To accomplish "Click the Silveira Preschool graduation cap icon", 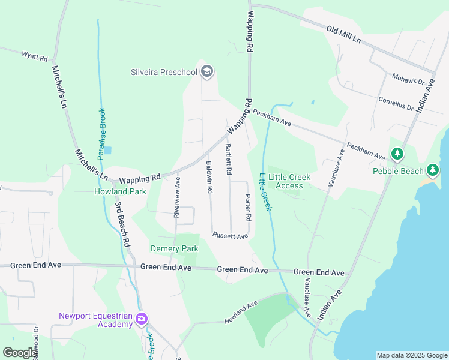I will click(207, 73).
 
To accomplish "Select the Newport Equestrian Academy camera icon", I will click(142, 319).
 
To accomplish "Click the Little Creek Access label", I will click(289, 181).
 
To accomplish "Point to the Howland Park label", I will click(120, 192).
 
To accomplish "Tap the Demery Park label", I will click(174, 248).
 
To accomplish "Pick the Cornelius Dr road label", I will click(395, 103).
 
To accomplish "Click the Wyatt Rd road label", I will click(34, 56).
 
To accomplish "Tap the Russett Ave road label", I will click(230, 236).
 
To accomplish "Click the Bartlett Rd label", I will click(228, 159).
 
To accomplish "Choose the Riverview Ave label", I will click(177, 200).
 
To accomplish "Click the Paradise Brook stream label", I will click(102, 133).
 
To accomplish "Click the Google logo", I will click(20, 353).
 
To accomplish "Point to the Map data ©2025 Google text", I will click(412, 355).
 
